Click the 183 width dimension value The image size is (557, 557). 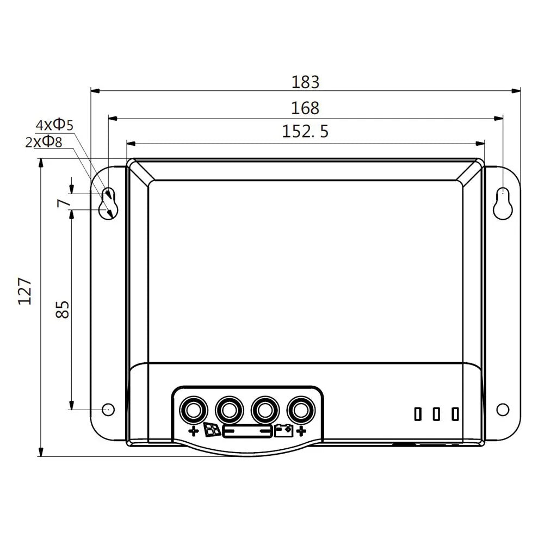[x=305, y=82]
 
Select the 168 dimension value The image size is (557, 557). [x=305, y=108]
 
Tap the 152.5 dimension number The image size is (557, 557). [x=305, y=131]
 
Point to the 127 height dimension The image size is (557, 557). [x=24, y=292]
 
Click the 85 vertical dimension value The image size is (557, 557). [x=63, y=310]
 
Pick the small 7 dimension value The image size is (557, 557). [x=63, y=203]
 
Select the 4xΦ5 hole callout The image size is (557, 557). [x=54, y=125]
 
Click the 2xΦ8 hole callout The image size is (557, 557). [x=44, y=142]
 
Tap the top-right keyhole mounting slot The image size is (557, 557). [x=503, y=203]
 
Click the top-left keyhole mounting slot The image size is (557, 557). [x=108, y=203]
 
